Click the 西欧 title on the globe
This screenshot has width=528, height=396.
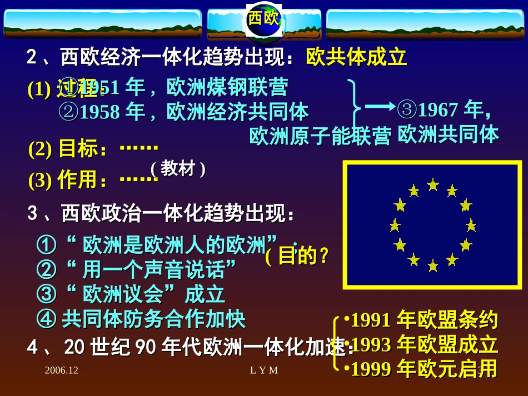[263, 18]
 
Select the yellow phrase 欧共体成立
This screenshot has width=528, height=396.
[356, 57]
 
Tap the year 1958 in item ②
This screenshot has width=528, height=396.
[100, 112]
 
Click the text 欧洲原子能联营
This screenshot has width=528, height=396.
[320, 137]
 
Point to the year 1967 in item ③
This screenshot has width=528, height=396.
[439, 110]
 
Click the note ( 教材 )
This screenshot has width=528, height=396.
[178, 168]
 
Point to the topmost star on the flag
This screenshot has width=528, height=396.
[433, 184]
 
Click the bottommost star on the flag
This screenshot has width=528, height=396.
[433, 266]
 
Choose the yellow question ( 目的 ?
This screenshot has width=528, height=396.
[298, 256]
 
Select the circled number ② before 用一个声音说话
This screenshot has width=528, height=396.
[47, 270]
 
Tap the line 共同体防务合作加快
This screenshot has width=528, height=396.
[153, 319]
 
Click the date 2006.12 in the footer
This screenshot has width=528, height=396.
[62, 370]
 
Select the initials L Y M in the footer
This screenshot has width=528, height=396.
[264, 370]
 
